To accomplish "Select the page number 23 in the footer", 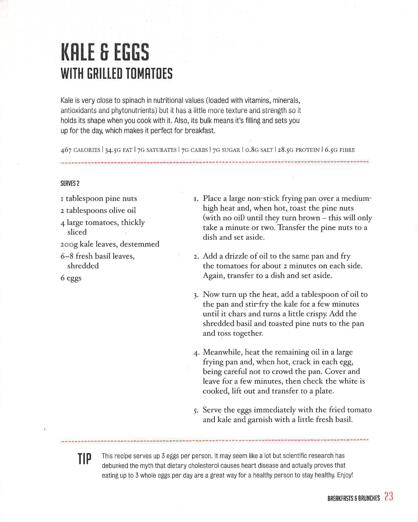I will point(389,496).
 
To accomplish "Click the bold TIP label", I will point(84,459).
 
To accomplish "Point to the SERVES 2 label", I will point(70,183).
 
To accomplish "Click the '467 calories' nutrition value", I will point(80,150).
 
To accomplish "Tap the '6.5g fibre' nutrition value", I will point(340,150).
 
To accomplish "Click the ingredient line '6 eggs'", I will point(71,278).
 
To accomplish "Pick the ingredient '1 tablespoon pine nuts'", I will point(99,198).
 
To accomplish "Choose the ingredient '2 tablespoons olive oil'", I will point(98,210).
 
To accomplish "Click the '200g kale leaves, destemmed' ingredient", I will point(110,244).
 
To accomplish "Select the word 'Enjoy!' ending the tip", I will point(345,475).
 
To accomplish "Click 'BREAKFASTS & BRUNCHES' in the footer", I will point(353,498).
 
